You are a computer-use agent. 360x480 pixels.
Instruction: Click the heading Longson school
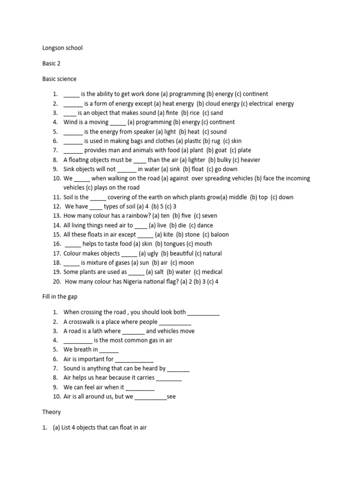(x=62, y=48)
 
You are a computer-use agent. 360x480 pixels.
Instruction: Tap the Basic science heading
(x=59, y=79)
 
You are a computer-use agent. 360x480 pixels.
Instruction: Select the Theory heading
(x=51, y=412)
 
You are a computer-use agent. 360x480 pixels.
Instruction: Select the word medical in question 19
(x=211, y=272)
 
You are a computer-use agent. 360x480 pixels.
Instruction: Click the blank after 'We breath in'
(x=109, y=350)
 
